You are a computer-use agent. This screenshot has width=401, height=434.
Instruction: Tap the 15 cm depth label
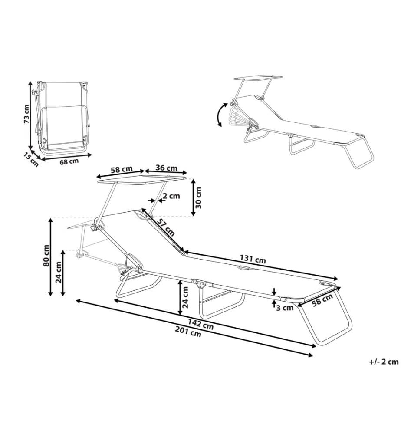pos(31,160)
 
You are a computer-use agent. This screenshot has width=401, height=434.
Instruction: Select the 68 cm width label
pos(69,161)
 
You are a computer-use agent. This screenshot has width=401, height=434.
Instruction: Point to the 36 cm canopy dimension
pos(166,168)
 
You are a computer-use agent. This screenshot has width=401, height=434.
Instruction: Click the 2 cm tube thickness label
pos(171,196)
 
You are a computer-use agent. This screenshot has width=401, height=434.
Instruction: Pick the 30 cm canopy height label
pos(198,197)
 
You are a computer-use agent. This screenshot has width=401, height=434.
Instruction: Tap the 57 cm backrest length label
pos(166,227)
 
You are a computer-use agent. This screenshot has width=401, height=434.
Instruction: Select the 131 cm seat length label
pos(253,259)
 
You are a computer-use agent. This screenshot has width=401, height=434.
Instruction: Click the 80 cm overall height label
pos(46,256)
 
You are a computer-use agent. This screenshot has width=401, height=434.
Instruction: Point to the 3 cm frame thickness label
pos(285,308)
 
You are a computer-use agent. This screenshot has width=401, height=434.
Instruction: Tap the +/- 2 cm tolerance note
pos(384,362)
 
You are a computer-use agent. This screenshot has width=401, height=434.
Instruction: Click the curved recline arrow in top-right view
pos(220,115)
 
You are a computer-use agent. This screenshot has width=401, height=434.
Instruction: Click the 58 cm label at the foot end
pos(322,300)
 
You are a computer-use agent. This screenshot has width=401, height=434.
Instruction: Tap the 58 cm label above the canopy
pos(122,169)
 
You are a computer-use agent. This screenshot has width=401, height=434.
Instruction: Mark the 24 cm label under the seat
pos(185,298)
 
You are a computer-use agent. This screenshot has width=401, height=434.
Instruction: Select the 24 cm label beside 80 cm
pos(59,273)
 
